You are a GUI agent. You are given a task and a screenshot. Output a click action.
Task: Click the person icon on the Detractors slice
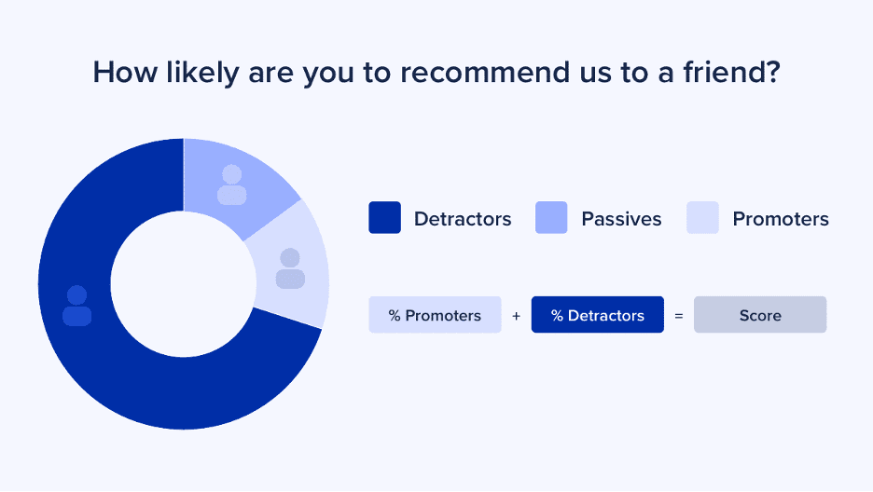click(x=76, y=306)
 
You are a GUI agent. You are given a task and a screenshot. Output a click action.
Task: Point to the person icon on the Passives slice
click(x=231, y=185)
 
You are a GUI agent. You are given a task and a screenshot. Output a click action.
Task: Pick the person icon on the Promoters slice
click(x=290, y=268)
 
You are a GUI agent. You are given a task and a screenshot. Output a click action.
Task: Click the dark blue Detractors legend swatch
click(x=384, y=217)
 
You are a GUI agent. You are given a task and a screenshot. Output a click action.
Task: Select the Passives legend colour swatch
click(x=551, y=217)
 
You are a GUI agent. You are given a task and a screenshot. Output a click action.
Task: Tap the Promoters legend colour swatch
click(x=702, y=217)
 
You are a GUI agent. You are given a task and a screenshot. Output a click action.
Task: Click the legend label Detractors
click(x=463, y=219)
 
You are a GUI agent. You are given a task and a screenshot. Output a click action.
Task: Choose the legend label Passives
click(x=621, y=219)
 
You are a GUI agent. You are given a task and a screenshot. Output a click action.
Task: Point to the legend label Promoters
click(x=781, y=219)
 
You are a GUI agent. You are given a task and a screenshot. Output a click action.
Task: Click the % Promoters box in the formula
click(x=435, y=315)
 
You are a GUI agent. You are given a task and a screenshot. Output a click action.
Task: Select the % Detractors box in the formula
click(x=598, y=315)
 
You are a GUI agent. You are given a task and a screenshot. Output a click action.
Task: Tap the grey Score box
click(x=760, y=315)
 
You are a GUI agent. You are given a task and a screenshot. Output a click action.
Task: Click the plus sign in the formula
click(x=516, y=316)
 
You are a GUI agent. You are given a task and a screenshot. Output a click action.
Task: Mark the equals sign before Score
click(x=679, y=316)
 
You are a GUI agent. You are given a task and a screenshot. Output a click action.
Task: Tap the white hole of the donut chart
click(x=184, y=284)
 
